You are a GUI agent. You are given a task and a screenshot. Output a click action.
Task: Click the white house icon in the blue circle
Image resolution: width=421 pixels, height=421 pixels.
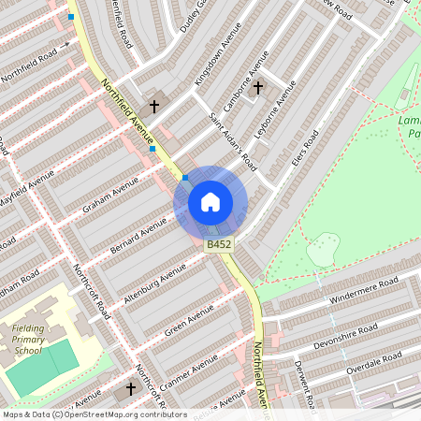click(x=210, y=202)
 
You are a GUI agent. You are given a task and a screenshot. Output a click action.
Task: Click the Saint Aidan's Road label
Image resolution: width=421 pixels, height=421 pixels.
click(x=232, y=140)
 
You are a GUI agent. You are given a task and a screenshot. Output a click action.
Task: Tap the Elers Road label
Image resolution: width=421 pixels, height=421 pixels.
click(x=305, y=149)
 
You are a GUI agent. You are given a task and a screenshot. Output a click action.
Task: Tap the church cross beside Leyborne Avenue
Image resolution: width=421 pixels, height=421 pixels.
click(x=258, y=87)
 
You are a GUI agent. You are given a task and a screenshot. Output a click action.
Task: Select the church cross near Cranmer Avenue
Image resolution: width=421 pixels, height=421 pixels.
click(x=131, y=387)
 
